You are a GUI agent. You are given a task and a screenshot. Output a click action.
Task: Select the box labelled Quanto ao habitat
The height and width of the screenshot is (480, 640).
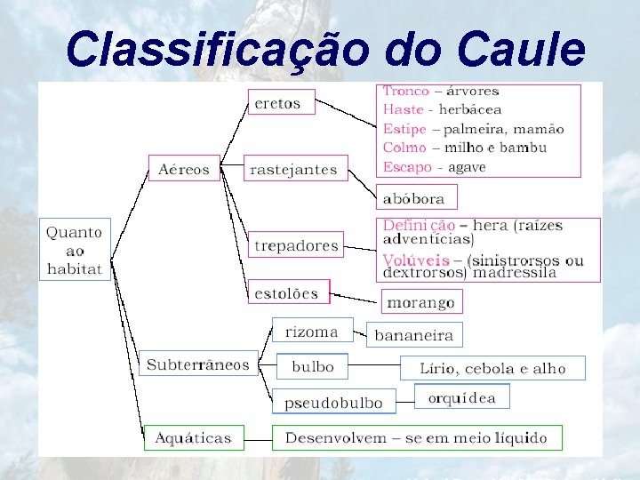coord(75,249)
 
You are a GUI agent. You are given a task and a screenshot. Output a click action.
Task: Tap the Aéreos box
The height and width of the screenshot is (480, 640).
coord(184,168)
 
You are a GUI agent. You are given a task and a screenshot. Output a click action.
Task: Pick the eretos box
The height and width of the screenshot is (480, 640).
coord(278,102)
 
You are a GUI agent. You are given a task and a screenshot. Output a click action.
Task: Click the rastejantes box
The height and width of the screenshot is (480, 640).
coord(294,168)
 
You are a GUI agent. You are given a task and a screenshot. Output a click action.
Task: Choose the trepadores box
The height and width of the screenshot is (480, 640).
coord(296,244)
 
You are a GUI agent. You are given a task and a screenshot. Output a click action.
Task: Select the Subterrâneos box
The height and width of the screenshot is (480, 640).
coord(198,364)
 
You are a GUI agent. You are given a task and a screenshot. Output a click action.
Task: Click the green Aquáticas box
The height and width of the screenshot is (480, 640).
coord(193,437)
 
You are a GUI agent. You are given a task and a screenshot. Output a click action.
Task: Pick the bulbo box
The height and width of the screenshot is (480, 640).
coord(312,365)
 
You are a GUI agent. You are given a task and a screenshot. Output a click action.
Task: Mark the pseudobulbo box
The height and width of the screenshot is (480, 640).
coord(332,402)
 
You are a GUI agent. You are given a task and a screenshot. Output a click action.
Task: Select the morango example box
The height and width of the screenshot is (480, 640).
coord(421,302)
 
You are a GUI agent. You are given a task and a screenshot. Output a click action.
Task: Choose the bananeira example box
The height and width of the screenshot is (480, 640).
coord(414,335)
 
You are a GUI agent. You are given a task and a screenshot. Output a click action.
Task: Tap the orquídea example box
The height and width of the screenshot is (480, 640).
coord(462,396)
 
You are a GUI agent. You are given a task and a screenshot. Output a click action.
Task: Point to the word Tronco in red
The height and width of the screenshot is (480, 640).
coord(406,91)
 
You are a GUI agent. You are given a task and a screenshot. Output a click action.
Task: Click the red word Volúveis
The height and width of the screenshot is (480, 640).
coord(416,260)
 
